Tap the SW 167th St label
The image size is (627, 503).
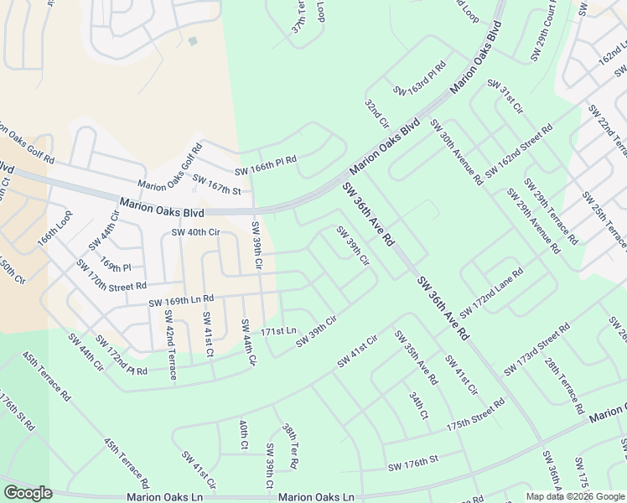(x=216, y=184)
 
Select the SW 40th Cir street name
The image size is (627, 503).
(x=195, y=232)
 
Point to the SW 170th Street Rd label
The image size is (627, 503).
(x=111, y=274)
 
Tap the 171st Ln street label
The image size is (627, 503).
(x=278, y=331)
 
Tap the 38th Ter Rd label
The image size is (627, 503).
(x=290, y=446)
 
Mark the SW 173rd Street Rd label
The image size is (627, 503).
(x=538, y=347)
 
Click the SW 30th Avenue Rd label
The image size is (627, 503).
(x=456, y=152)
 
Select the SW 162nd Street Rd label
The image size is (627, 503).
(x=518, y=151)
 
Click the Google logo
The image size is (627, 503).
(x=28, y=493)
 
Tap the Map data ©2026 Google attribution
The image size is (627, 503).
(x=574, y=496)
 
